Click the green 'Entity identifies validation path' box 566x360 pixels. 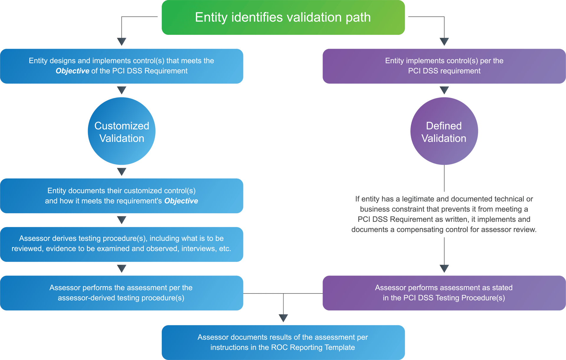point(283,17)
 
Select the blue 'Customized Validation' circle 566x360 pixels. point(122,131)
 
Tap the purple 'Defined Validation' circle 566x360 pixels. point(444,131)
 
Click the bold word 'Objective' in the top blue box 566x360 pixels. point(72,71)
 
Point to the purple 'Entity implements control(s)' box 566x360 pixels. point(444,66)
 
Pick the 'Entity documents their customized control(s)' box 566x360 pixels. point(122,196)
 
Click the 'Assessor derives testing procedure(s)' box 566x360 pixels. point(122,244)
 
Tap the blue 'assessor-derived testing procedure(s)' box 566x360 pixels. point(122,293)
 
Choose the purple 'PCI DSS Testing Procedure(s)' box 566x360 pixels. point(444,293)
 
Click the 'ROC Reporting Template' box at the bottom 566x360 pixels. point(283,342)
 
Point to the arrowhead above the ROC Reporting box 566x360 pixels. point(283,318)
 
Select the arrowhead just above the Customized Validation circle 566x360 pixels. point(122,90)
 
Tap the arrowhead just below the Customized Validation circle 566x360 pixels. point(122,171)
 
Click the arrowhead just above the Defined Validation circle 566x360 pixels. point(444,90)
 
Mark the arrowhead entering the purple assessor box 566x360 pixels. point(444,268)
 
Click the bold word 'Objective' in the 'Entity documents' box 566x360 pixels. point(181,201)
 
